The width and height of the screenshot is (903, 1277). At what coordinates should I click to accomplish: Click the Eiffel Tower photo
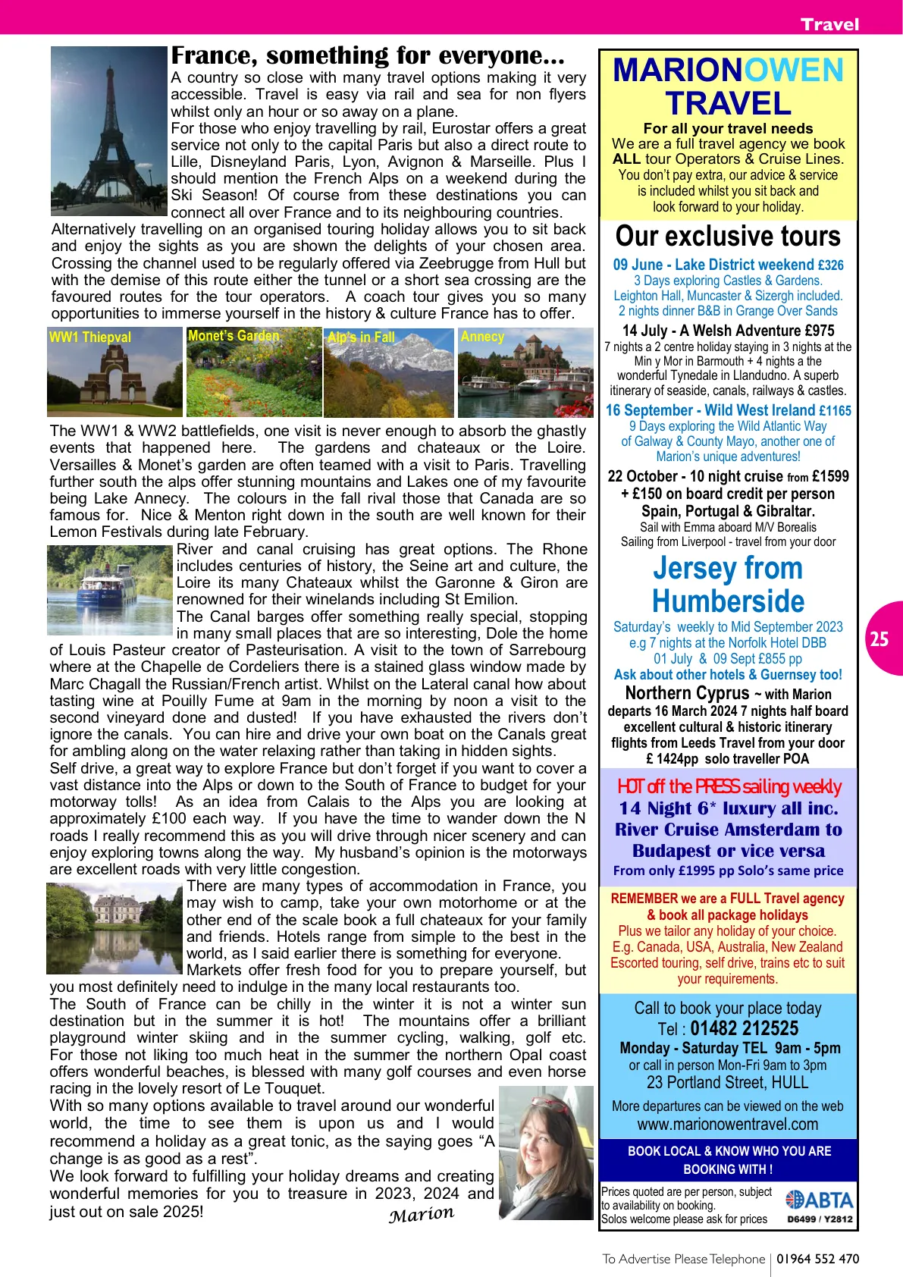108,130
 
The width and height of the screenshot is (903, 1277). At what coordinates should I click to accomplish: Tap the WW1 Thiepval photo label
89,337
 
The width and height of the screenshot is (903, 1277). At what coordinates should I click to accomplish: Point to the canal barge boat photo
111,590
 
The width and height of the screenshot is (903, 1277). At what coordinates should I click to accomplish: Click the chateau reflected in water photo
114,928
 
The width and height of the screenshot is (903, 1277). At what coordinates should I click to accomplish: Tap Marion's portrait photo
546,1153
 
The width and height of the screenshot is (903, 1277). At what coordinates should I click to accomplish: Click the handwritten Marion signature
421,1214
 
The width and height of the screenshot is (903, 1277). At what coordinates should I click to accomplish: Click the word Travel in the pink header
829,24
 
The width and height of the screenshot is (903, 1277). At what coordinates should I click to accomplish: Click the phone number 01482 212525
744,1029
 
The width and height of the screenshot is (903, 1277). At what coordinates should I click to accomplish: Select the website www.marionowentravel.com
727,1125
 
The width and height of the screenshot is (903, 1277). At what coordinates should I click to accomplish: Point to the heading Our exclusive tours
728,236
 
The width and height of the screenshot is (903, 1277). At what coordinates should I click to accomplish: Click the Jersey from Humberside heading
728,585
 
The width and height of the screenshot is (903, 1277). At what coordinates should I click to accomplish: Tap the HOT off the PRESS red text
729,786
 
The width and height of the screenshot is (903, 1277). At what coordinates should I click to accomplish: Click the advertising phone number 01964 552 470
818,1259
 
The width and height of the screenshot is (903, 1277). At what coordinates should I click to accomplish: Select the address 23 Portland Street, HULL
727,1083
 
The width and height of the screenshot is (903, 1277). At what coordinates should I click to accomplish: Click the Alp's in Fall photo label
361,337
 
